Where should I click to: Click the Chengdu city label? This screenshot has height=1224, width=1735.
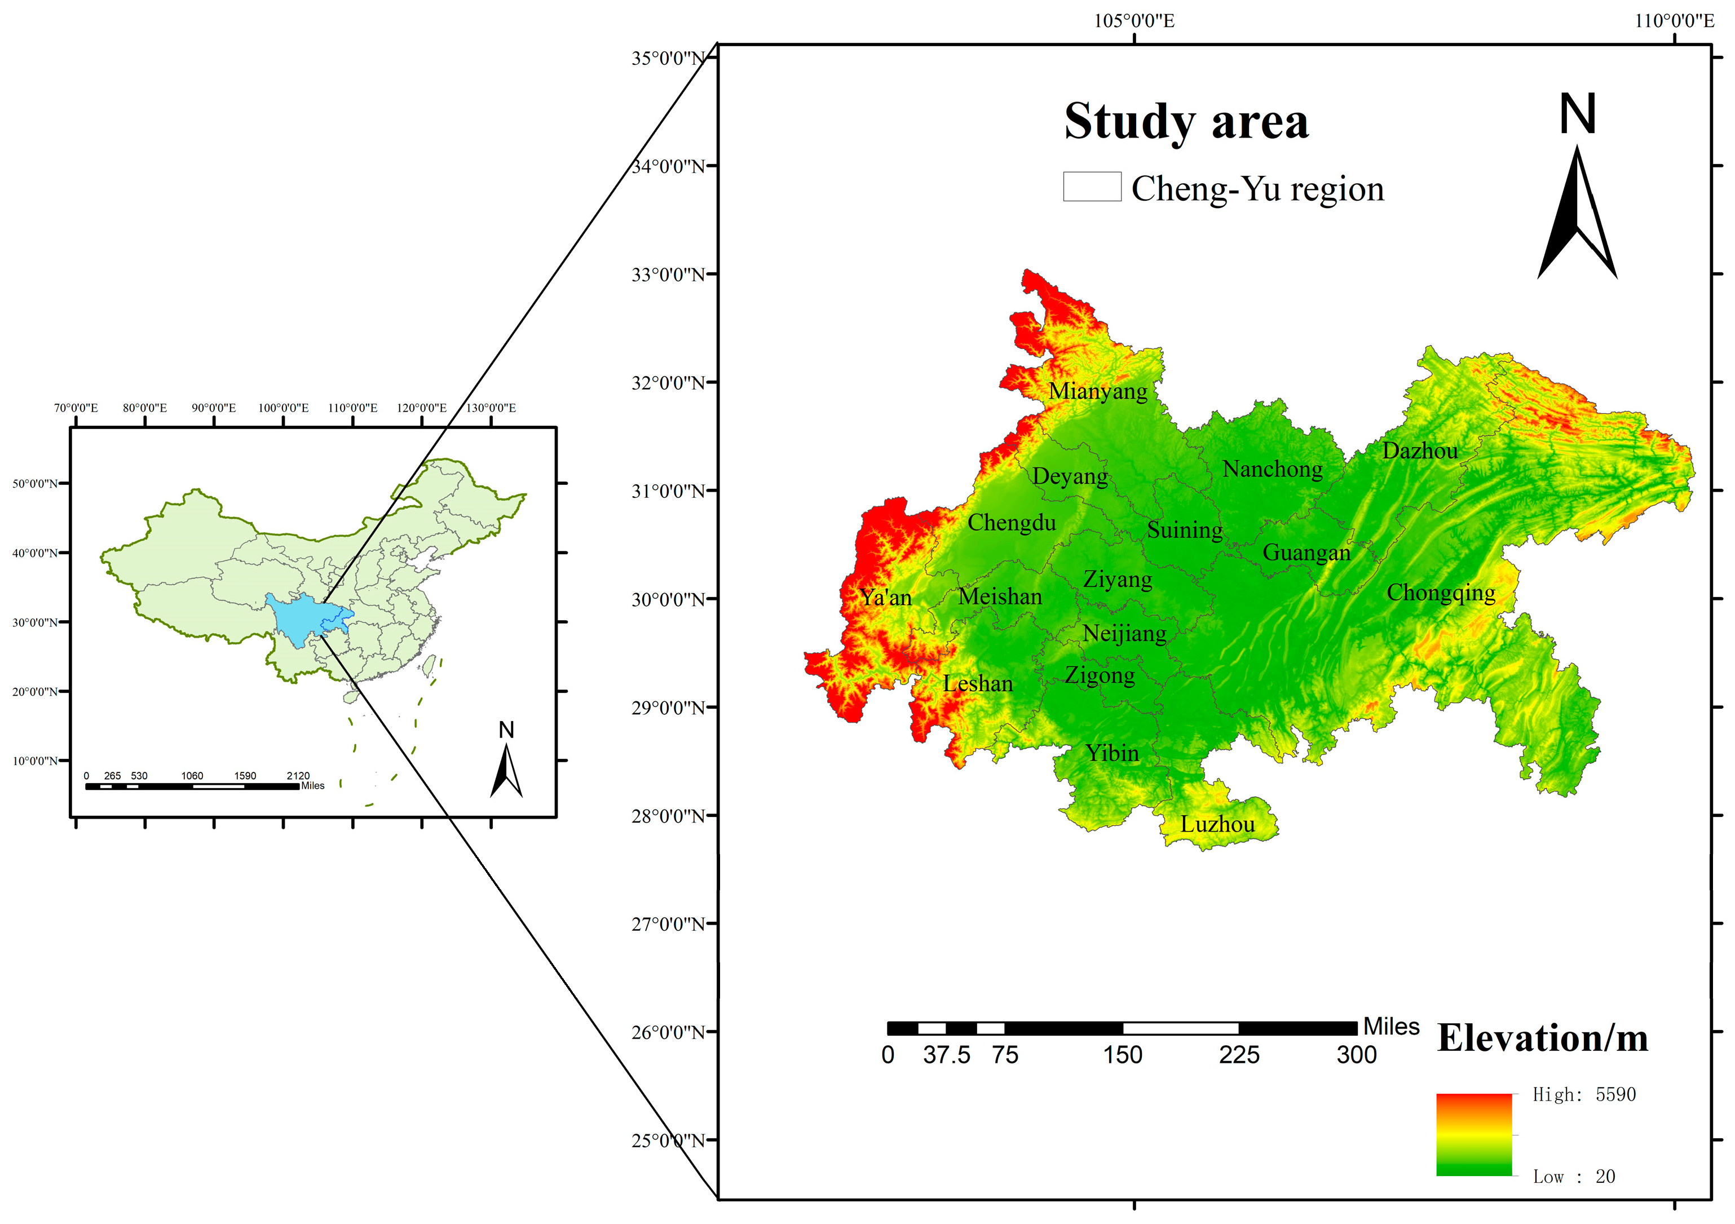(x=1011, y=523)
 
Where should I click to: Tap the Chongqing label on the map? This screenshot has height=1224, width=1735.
(x=1440, y=593)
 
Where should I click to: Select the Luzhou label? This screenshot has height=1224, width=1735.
(x=1217, y=824)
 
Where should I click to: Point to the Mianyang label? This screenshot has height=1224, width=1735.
(x=1097, y=391)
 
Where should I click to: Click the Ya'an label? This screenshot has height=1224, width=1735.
(x=886, y=598)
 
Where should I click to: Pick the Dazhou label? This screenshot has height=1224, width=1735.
(x=1419, y=451)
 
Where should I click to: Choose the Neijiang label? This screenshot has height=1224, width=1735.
(x=1124, y=633)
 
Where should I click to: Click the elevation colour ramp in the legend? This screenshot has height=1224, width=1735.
(x=1473, y=1134)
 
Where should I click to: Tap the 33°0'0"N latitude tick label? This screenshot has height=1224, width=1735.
(x=668, y=274)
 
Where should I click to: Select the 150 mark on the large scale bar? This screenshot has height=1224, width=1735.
(x=1122, y=1055)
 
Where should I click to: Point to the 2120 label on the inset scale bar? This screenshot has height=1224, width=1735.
(x=298, y=776)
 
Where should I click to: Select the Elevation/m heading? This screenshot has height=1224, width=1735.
(x=1542, y=1038)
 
